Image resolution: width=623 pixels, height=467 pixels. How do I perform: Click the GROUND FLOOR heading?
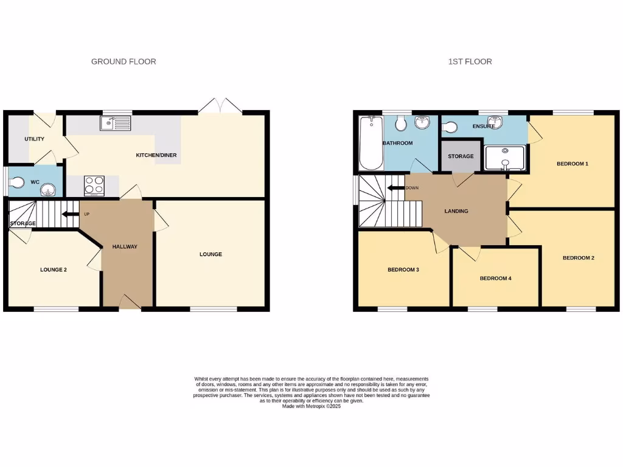click(124, 61)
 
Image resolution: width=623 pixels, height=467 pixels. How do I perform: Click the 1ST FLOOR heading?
click(470, 61)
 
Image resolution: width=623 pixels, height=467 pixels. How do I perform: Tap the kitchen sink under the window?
click(115, 124)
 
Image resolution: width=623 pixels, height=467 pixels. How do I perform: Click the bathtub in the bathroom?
click(369, 144)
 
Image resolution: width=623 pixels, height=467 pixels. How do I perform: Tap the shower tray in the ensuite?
click(506, 157)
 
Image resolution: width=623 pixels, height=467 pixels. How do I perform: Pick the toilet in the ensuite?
click(450, 128)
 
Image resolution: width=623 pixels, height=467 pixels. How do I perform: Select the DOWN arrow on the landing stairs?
click(396, 188)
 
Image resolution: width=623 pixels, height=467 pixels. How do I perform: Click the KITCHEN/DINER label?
click(156, 155)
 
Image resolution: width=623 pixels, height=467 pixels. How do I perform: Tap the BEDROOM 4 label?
click(495, 278)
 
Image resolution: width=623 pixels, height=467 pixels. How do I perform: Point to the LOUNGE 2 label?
click(54, 269)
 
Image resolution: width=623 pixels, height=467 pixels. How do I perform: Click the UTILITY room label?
click(34, 139)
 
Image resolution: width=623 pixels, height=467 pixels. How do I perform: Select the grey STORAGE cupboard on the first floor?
click(461, 156)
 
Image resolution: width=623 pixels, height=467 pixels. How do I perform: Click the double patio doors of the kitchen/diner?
click(220, 106)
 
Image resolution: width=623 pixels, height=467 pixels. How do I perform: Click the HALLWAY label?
click(125, 247)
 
